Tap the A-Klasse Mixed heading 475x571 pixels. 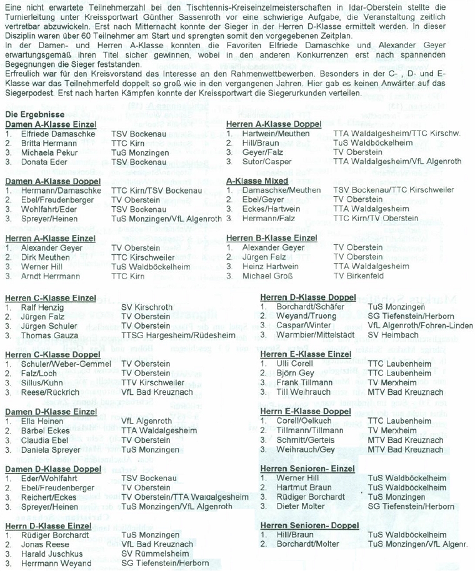[x=257, y=181]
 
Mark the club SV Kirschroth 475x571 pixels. [x=146, y=308]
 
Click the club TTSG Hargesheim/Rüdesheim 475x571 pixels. [x=177, y=335]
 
